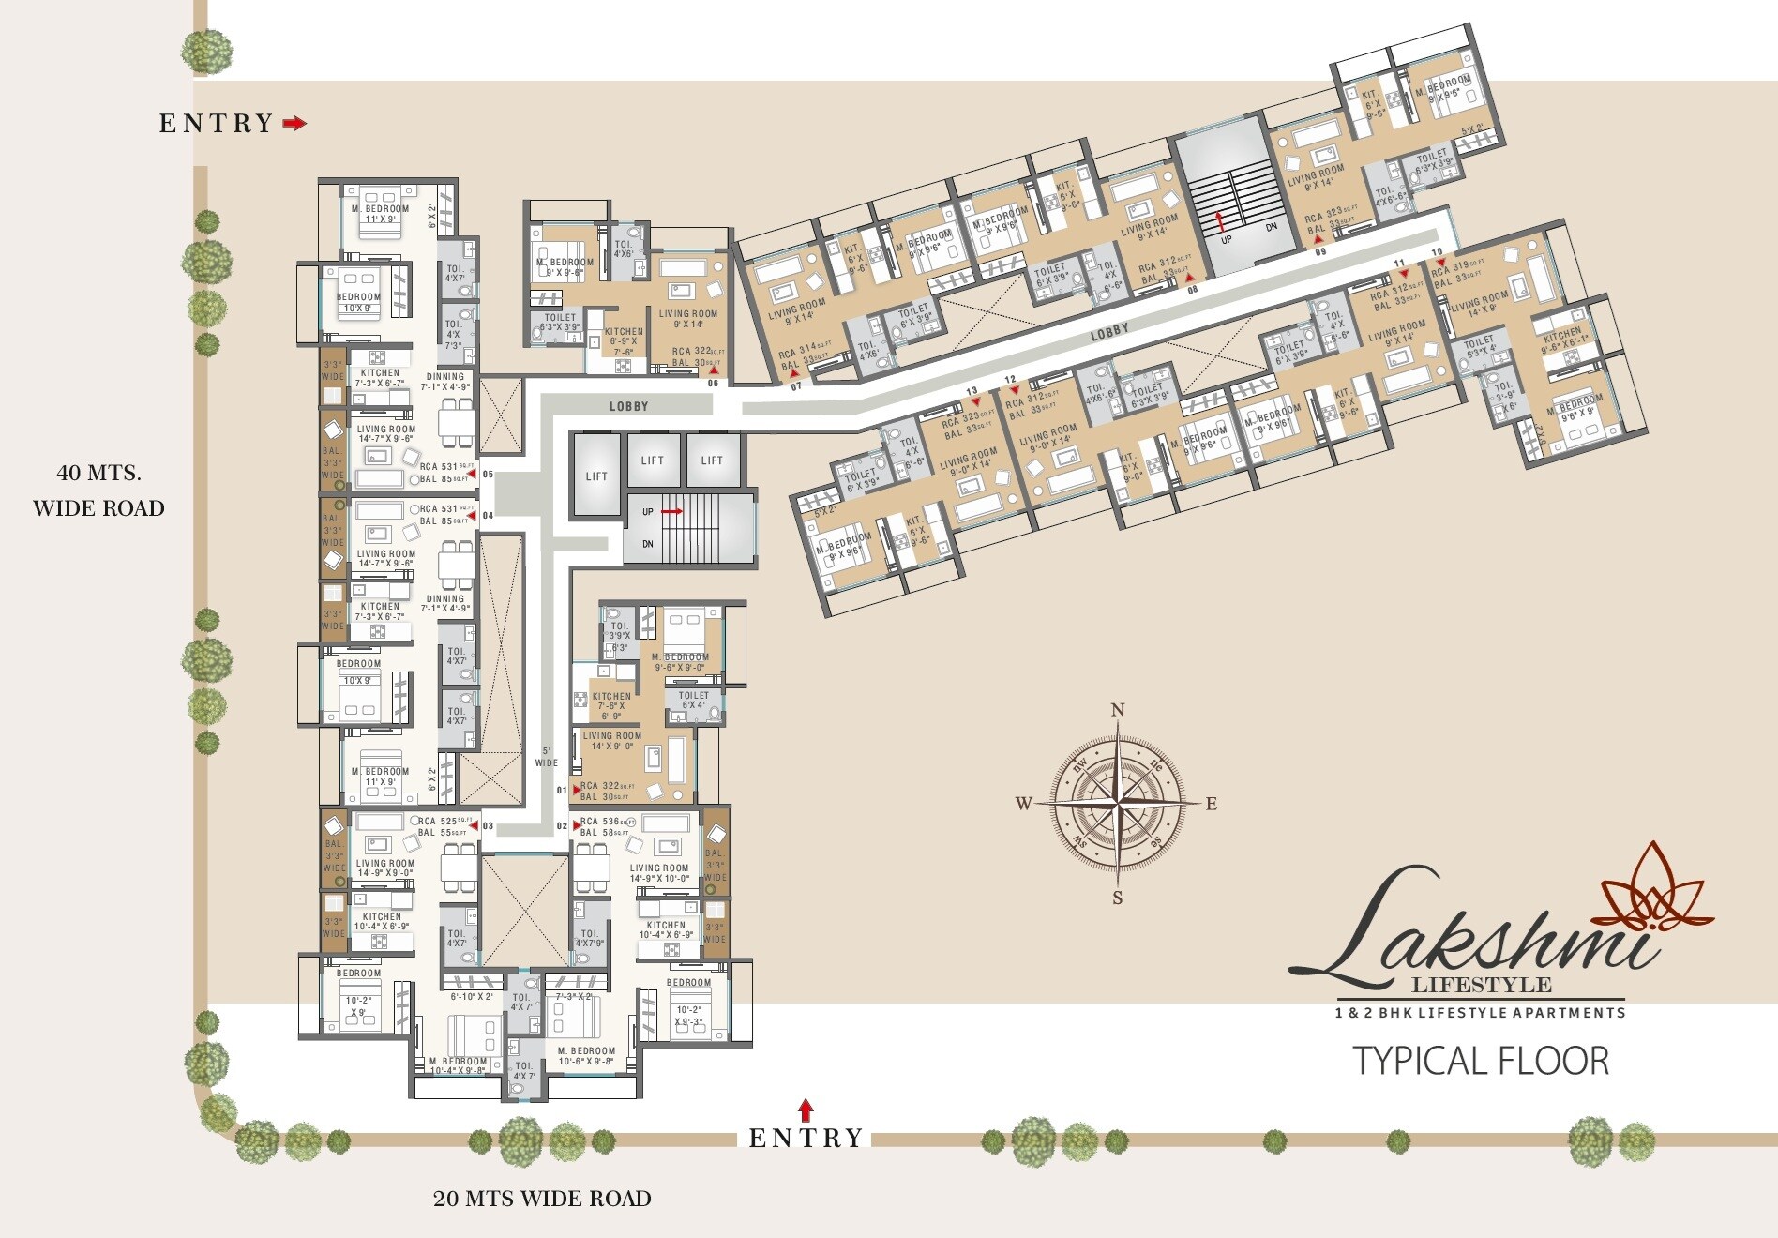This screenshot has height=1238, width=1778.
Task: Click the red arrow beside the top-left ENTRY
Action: (294, 123)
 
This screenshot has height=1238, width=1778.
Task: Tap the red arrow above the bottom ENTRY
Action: (806, 1110)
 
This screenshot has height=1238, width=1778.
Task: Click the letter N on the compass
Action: (1117, 710)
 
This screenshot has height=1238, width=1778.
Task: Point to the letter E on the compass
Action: (1211, 804)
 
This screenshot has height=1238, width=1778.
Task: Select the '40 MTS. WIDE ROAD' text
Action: (98, 490)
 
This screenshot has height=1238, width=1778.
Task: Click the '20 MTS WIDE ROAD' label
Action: (542, 1198)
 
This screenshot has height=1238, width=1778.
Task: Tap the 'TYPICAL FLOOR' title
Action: (1481, 1061)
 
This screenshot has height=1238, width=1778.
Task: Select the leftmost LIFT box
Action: (596, 476)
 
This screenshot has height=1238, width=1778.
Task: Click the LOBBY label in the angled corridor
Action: (1109, 331)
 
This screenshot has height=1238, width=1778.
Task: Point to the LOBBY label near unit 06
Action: (628, 406)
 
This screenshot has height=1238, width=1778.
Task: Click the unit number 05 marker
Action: (488, 475)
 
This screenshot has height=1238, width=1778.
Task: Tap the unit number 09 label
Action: (1319, 251)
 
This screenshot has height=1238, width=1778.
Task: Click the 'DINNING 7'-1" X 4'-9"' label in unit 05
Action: (444, 381)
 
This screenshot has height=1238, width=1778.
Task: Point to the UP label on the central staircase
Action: (648, 512)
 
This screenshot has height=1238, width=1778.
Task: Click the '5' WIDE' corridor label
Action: (547, 757)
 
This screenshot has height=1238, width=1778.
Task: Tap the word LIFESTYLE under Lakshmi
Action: (1482, 985)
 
